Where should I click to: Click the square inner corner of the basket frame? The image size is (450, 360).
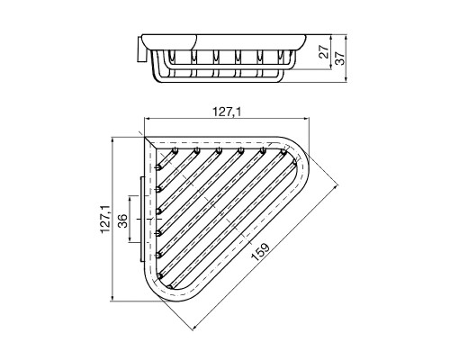tap(148, 142)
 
